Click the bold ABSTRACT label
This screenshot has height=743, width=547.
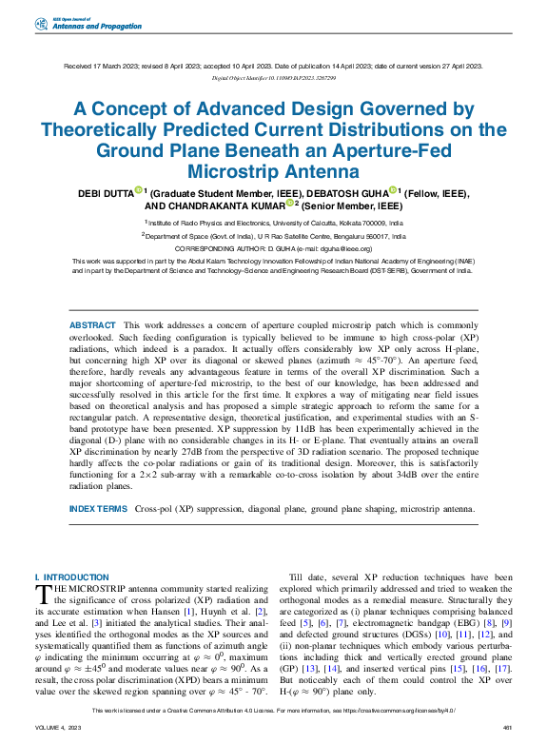92,325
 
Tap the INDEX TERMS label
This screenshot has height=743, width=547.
97,509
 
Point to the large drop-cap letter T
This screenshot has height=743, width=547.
43,595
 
